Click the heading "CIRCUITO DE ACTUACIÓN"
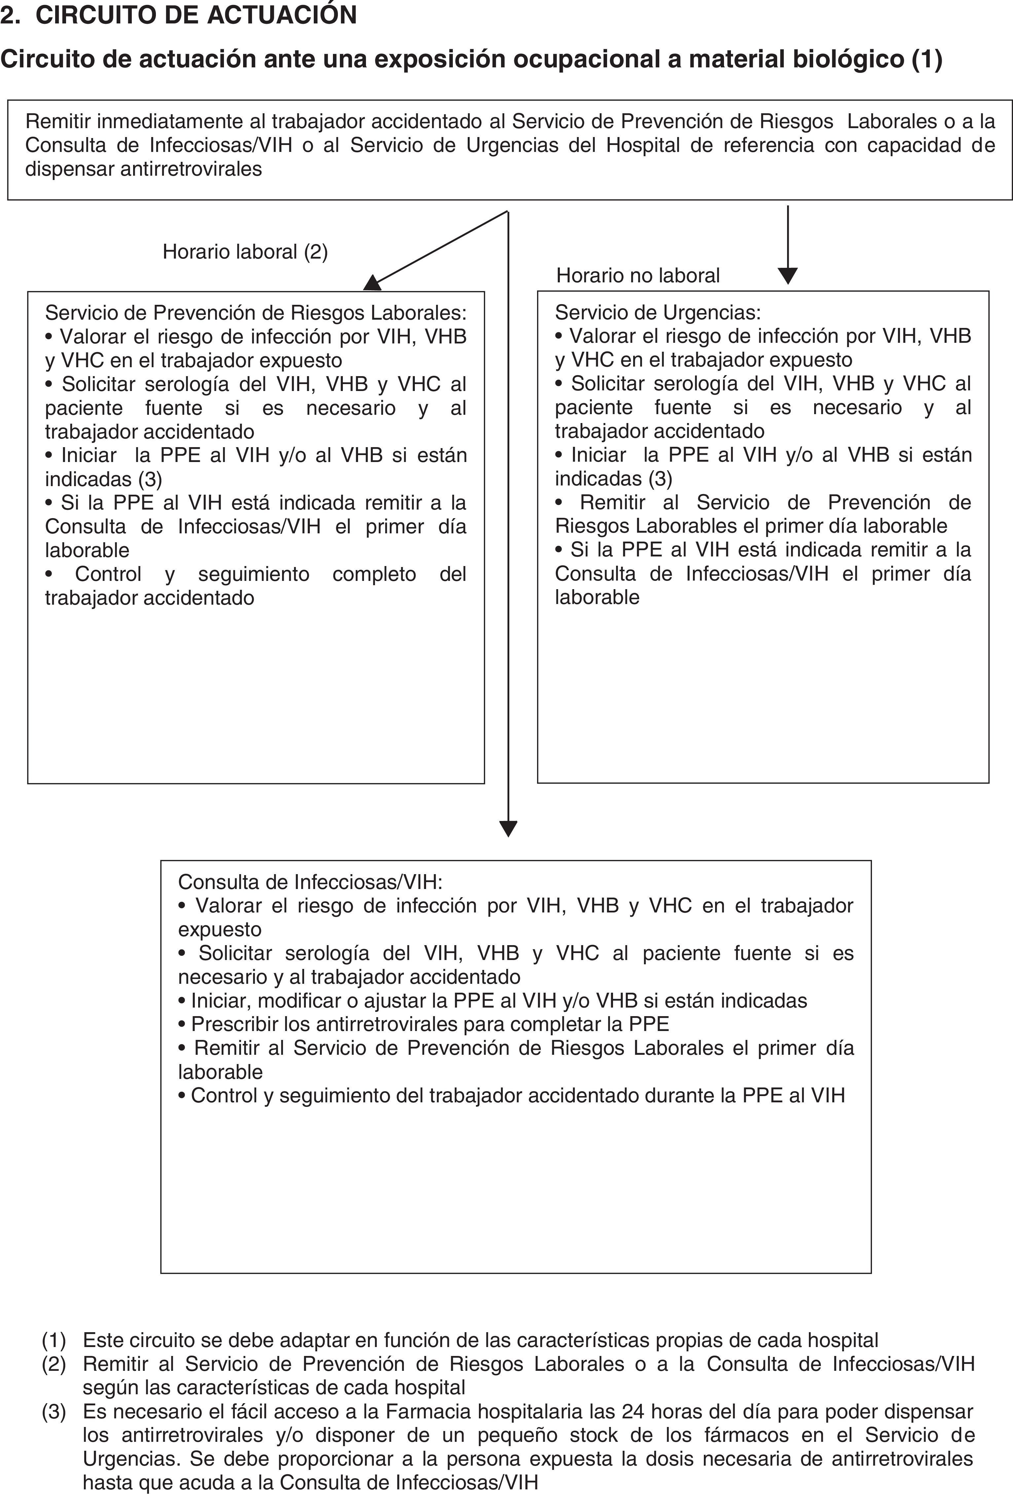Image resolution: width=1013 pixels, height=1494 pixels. tap(196, 15)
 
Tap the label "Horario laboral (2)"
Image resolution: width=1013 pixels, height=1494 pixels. tap(245, 251)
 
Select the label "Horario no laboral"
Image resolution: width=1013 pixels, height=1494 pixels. tap(637, 275)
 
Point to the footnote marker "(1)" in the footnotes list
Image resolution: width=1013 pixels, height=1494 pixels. tap(54, 1340)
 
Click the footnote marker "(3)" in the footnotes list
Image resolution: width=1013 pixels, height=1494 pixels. tap(54, 1412)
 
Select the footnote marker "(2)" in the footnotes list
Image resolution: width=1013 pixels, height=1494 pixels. tap(54, 1364)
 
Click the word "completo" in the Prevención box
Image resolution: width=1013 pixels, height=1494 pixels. tap(374, 574)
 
